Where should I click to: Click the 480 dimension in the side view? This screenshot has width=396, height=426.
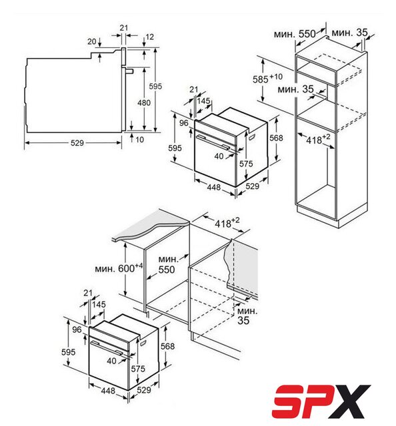[x=144, y=103]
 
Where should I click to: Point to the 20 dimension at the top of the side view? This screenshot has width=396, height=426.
[x=92, y=41]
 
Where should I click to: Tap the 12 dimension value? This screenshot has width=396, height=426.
[x=150, y=37]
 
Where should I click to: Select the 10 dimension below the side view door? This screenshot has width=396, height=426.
[x=139, y=140]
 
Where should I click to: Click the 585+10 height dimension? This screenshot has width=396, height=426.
[x=267, y=79]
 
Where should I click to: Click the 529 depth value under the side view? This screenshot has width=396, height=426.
[x=77, y=143]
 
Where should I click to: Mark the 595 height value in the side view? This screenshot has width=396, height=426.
[x=155, y=87]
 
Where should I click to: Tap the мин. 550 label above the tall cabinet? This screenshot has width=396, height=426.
[x=295, y=34]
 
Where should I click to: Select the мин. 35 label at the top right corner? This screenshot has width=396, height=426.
[x=350, y=33]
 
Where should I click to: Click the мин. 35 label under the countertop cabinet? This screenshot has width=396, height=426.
[x=247, y=316]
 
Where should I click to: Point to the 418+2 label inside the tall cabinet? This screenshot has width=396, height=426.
[x=318, y=139]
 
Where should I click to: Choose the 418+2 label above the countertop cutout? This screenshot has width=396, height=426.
[x=227, y=223]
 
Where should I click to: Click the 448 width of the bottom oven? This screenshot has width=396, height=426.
[x=108, y=391]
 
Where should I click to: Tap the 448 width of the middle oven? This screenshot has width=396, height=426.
[x=214, y=187]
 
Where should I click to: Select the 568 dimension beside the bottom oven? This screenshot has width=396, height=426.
[x=167, y=346]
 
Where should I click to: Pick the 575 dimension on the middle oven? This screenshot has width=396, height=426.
[x=246, y=164]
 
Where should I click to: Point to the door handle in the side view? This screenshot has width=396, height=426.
[x=129, y=71]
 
